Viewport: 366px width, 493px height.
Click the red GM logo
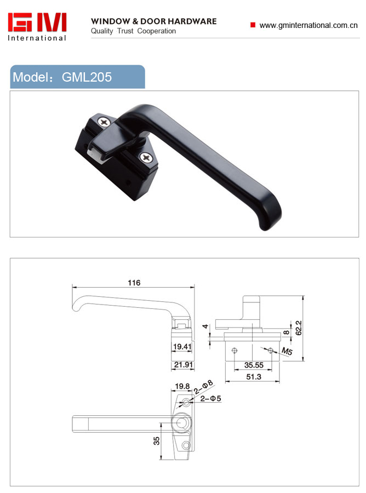[37, 22]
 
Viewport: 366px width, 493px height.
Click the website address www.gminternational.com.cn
[308, 25]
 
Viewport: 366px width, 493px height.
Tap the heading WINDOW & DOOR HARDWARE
[154, 21]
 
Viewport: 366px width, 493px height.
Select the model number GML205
[87, 77]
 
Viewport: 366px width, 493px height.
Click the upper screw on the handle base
[104, 122]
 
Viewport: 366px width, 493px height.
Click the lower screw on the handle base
[146, 157]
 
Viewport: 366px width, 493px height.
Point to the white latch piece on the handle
[95, 156]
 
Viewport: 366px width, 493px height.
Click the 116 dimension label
[134, 283]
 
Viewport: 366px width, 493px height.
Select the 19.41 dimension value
[182, 347]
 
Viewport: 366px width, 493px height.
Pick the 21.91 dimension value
[184, 364]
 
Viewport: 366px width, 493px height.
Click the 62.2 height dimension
[299, 328]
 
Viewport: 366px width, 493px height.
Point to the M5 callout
[287, 351]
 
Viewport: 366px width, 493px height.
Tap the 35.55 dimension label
[254, 365]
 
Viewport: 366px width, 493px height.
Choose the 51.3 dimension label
[254, 377]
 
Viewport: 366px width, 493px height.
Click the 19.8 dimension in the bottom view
[182, 386]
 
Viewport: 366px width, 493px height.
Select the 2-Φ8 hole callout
[203, 387]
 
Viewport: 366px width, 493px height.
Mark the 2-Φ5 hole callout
[211, 399]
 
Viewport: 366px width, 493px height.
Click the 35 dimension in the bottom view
[156, 441]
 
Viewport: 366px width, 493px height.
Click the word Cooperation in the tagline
[157, 31]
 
